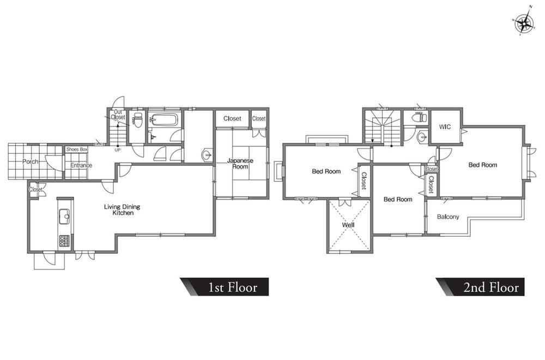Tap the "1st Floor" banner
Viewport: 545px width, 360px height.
224,287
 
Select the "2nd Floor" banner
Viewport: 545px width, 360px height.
480,287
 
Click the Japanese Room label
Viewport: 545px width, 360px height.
240,164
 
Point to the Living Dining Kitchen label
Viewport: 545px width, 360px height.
122,210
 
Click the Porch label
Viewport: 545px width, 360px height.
30,162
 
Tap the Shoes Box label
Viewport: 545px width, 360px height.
77,149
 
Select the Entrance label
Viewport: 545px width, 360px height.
81,165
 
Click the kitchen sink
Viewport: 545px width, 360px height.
65,218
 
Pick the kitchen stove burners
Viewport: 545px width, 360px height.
64,241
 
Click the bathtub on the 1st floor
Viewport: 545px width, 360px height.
165,120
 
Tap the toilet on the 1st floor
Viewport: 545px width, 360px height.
138,120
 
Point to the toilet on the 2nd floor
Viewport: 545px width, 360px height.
419,118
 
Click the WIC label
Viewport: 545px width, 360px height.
445,127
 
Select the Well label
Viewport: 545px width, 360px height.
348,225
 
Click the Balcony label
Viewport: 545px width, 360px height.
448,217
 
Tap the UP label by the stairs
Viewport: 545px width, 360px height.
118,150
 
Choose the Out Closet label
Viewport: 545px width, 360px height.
118,115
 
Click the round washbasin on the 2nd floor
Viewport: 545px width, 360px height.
422,137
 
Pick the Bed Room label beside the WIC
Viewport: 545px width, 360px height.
483,165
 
